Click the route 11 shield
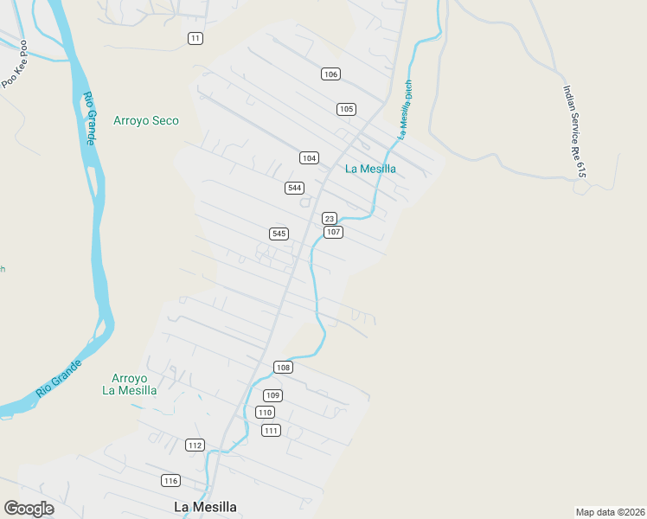(x=195, y=38)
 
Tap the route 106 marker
(x=330, y=74)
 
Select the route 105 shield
(x=346, y=109)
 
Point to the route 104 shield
(x=309, y=157)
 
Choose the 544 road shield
(x=294, y=188)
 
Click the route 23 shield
(x=329, y=219)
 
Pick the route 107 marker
(x=333, y=233)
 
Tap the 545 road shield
(x=279, y=234)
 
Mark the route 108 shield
(x=283, y=367)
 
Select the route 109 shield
(x=272, y=395)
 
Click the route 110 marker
(x=265, y=413)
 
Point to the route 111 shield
(x=271, y=431)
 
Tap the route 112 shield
(x=195, y=445)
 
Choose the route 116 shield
(x=170, y=480)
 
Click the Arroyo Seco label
(x=146, y=121)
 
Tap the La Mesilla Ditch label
(x=404, y=110)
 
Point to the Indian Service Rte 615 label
(x=574, y=131)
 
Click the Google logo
(x=29, y=509)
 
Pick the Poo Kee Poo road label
(x=15, y=64)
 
